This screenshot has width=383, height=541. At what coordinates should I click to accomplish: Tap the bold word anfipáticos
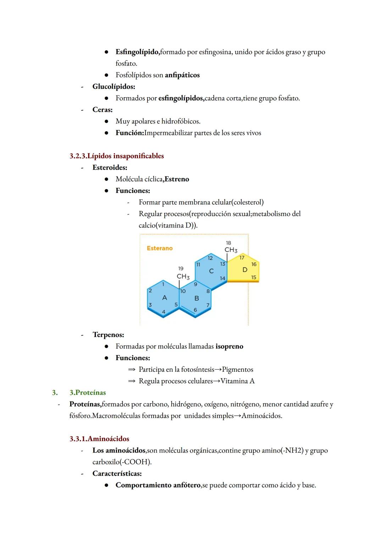(182, 75)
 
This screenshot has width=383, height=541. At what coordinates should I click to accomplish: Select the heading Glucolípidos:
(113, 87)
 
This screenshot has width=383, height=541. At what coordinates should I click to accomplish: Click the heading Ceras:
(102, 110)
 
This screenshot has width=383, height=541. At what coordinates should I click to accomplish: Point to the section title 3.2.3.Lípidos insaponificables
(117, 156)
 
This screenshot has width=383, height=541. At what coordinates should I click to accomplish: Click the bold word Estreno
(177, 179)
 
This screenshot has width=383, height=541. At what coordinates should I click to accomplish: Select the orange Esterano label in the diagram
(160, 248)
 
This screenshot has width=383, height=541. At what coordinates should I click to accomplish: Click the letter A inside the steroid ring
(164, 298)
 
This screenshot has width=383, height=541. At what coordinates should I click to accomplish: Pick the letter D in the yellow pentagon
(245, 270)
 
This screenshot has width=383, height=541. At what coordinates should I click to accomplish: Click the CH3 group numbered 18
(231, 250)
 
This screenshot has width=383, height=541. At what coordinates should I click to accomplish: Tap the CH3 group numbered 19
(183, 276)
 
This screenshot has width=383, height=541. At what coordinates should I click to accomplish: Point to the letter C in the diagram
(211, 271)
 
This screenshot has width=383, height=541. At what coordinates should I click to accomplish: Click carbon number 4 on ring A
(163, 311)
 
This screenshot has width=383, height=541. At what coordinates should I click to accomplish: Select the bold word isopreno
(229, 346)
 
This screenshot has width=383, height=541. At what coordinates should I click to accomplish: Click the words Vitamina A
(237, 381)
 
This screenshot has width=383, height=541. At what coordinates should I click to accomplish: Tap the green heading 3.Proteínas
(88, 393)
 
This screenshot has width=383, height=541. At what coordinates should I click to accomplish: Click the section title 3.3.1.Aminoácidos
(99, 439)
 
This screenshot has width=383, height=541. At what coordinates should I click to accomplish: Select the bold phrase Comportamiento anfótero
(158, 485)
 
